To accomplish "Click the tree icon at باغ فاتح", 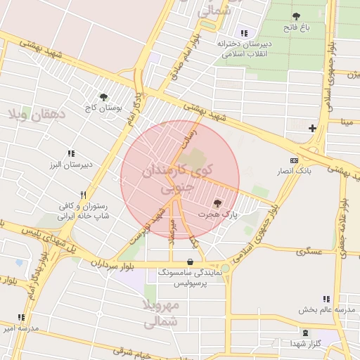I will tap(295, 16).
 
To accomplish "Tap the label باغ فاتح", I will tap(296, 27).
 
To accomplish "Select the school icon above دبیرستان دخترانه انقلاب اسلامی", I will tap(244, 33).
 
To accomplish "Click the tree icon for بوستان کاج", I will tap(104, 97).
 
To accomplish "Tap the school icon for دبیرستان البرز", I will tap(70, 153).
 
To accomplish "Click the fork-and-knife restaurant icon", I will tap(83, 195).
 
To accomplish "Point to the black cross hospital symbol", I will tap(312, 127).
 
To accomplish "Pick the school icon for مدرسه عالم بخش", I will tap(326, 299).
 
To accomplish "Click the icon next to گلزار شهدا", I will tap(306, 333).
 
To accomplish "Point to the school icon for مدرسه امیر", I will tap(21, 317).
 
